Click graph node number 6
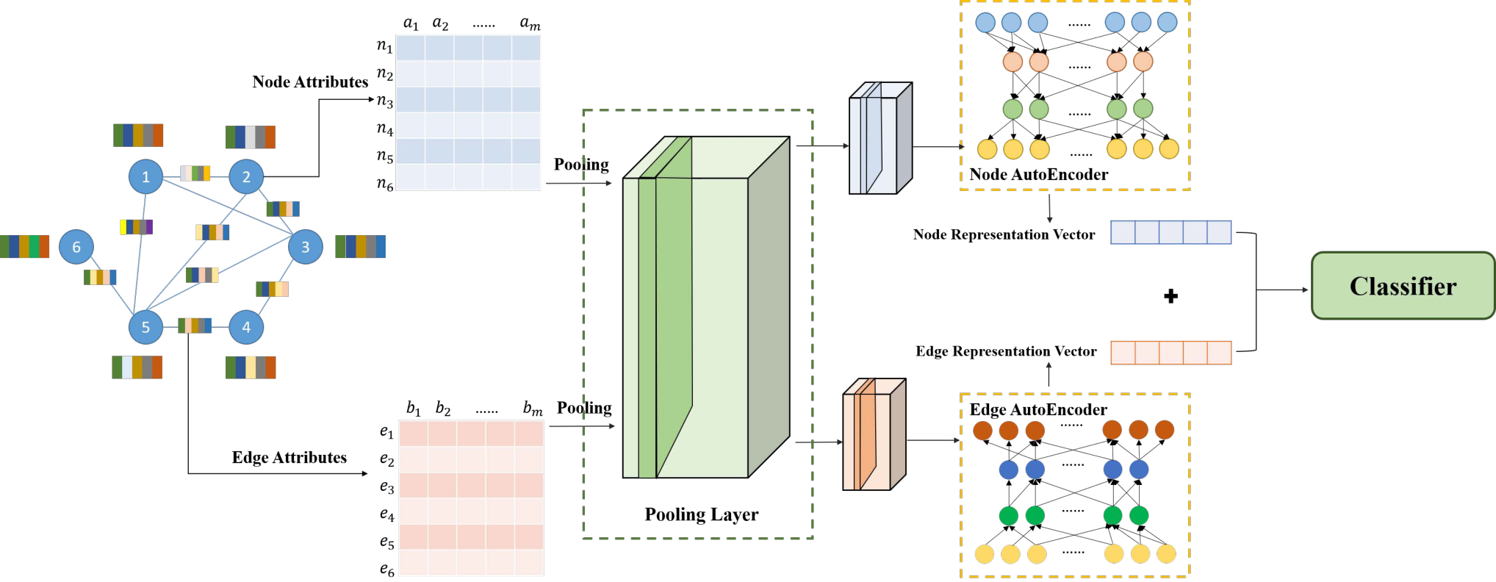click(x=76, y=247)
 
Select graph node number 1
click(x=145, y=176)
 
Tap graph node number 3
click(x=306, y=247)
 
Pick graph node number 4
click(x=246, y=327)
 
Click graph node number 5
click(x=145, y=327)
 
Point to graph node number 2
click(x=246, y=176)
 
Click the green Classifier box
click(x=1403, y=286)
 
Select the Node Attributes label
click(x=310, y=82)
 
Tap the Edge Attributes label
click(x=290, y=457)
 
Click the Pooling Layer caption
click(x=702, y=514)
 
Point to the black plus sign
click(x=1171, y=296)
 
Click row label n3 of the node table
click(x=385, y=101)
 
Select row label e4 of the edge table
click(x=387, y=514)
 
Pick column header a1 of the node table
click(x=411, y=24)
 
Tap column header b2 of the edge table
click(x=443, y=408)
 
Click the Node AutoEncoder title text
click(x=1039, y=174)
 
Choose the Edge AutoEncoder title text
click(x=1038, y=409)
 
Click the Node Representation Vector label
click(x=1004, y=234)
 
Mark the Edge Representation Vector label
click(x=1006, y=351)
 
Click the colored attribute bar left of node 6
click(x=24, y=246)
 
